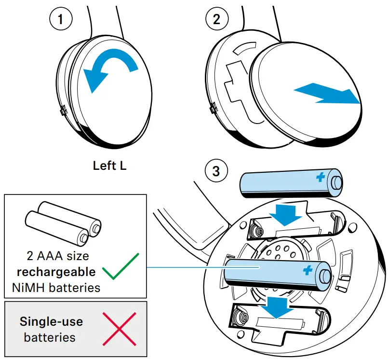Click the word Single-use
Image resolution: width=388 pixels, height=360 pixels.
point(51,321)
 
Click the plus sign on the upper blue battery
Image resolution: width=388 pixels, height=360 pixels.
point(320,178)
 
